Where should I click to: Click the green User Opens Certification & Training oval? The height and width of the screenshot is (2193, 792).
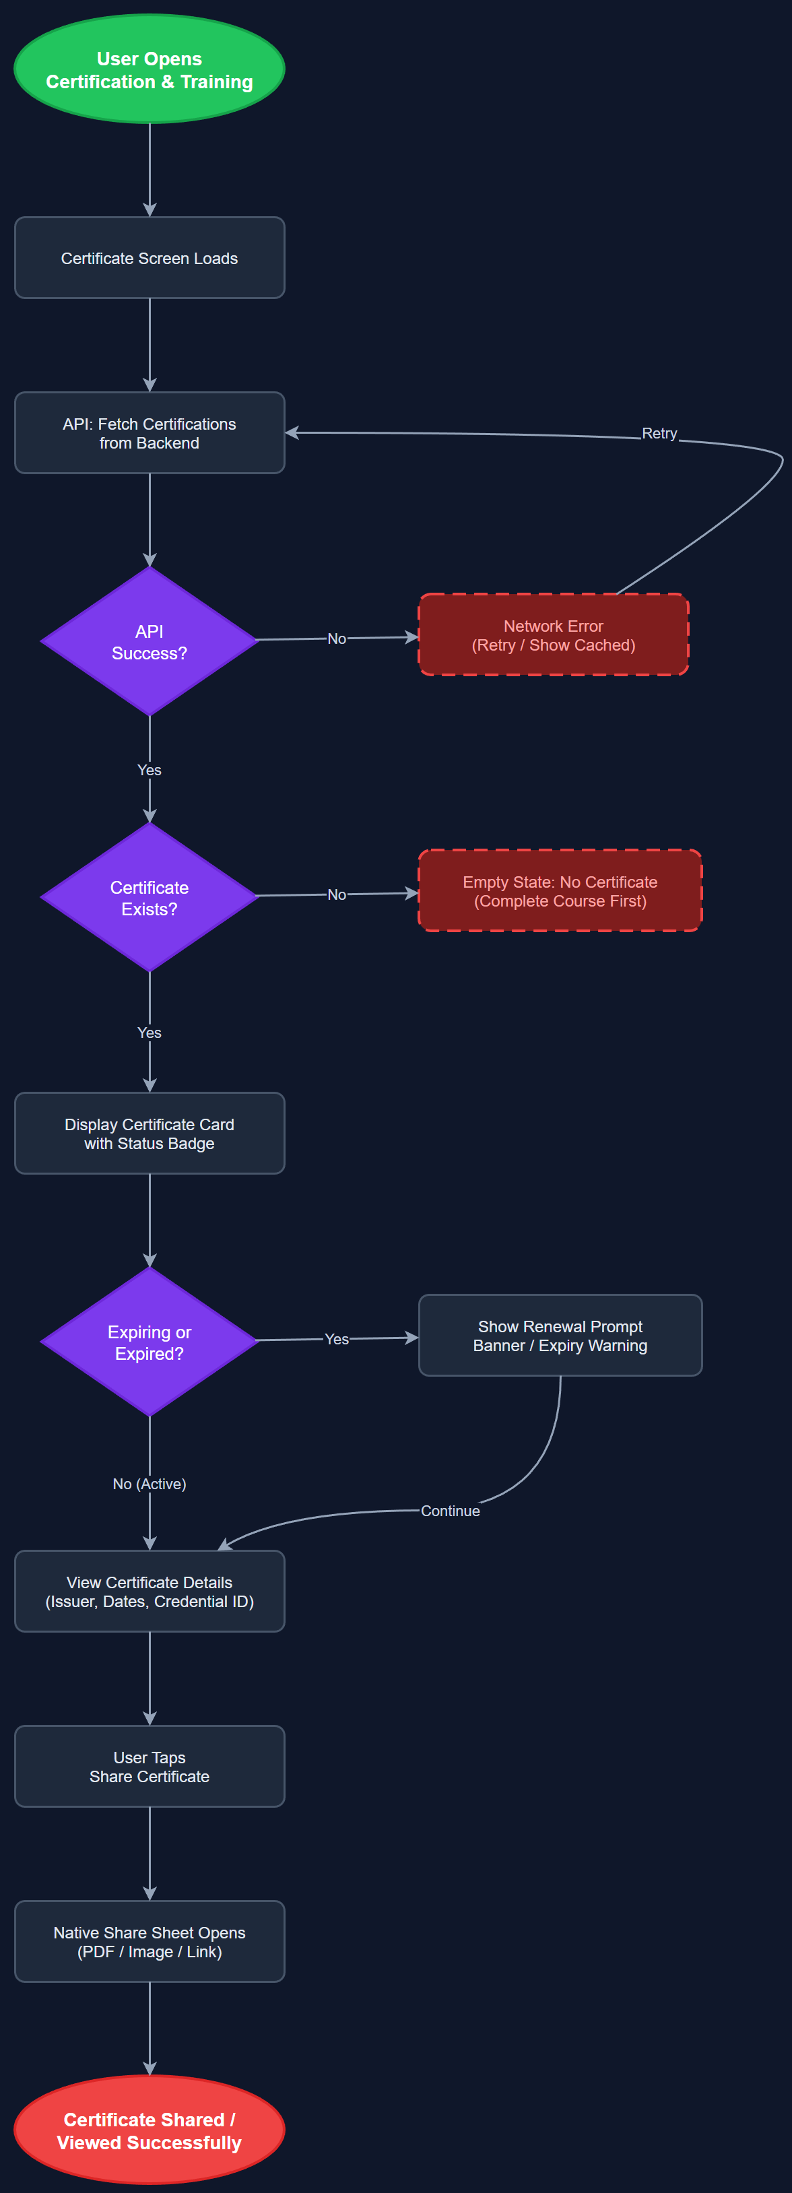pyautogui.click(x=149, y=69)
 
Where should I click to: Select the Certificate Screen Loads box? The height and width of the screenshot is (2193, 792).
pyautogui.click(x=149, y=258)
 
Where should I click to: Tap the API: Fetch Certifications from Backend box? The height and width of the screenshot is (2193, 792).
pyautogui.click(x=149, y=433)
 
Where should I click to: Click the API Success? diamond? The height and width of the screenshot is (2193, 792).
pyautogui.click(x=149, y=642)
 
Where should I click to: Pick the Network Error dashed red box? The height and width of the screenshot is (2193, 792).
pyautogui.click(x=553, y=635)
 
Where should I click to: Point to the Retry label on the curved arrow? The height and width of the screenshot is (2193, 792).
pyautogui.click(x=659, y=433)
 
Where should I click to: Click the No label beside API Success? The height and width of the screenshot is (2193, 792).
pyautogui.click(x=336, y=639)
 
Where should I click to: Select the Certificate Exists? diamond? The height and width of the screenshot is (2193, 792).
pyautogui.click(x=149, y=897)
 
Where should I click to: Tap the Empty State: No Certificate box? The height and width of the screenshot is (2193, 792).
pyautogui.click(x=560, y=890)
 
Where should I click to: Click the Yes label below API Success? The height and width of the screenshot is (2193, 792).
pyautogui.click(x=149, y=770)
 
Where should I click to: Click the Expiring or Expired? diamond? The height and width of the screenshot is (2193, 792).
pyautogui.click(x=149, y=1342)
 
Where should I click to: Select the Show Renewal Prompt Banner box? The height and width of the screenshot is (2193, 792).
pyautogui.click(x=560, y=1335)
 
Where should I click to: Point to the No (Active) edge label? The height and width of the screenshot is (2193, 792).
pyautogui.click(x=149, y=1484)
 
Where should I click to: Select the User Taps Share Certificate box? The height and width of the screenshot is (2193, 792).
pyautogui.click(x=149, y=1767)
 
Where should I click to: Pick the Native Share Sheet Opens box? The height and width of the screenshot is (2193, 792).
pyautogui.click(x=149, y=1942)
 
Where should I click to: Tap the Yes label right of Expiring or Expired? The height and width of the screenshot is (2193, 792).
pyautogui.click(x=336, y=1339)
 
